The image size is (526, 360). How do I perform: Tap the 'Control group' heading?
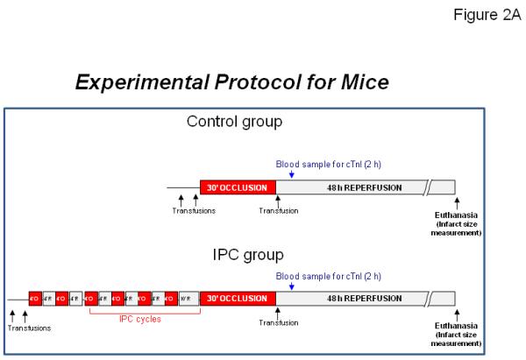(x=235, y=122)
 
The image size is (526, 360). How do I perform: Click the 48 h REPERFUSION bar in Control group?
(x=351, y=188)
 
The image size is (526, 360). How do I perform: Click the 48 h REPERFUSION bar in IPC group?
(x=351, y=299)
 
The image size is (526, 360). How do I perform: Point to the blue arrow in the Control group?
(x=291, y=173)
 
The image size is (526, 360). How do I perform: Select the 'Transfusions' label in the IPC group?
(x=31, y=328)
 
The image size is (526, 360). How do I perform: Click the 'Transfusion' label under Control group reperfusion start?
(x=279, y=211)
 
